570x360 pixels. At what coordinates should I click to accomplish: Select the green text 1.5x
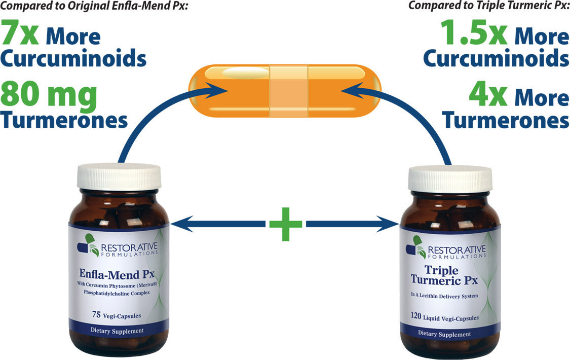pyautogui.click(x=474, y=33)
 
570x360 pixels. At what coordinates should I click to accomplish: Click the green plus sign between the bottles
pyautogui.click(x=286, y=224)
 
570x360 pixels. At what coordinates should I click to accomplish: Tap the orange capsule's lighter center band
pyautogui.click(x=289, y=91)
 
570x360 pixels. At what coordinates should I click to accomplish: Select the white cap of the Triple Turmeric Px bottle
pyautogui.click(x=450, y=179)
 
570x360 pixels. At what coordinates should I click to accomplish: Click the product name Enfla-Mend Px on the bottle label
pyautogui.click(x=117, y=274)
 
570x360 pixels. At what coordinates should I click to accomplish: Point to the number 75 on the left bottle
pyautogui.click(x=96, y=314)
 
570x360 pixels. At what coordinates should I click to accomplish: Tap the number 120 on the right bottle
pyautogui.click(x=416, y=315)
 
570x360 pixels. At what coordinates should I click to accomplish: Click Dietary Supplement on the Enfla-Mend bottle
pyautogui.click(x=117, y=331)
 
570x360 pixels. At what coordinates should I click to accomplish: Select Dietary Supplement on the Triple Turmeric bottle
pyautogui.click(x=444, y=334)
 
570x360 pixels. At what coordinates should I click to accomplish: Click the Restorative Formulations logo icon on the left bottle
pyautogui.click(x=88, y=245)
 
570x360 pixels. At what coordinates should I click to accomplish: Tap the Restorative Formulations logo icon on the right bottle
pyautogui.click(x=416, y=247)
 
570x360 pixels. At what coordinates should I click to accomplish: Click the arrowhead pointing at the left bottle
pyautogui.click(x=180, y=224)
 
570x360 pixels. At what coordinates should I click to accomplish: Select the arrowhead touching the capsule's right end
pyautogui.click(x=353, y=91)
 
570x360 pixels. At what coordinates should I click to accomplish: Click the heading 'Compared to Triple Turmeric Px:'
pyautogui.click(x=489, y=6)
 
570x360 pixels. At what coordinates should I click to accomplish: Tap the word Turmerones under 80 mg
pyautogui.click(x=64, y=120)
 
